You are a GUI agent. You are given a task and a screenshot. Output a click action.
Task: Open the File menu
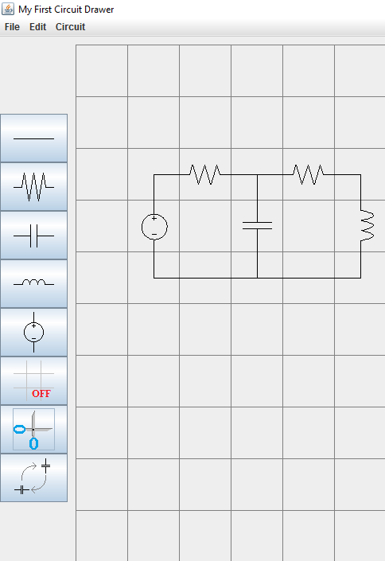click(x=12, y=27)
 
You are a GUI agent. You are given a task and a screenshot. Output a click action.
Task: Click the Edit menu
click(x=37, y=27)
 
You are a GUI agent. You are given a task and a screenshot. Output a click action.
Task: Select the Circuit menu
click(x=70, y=27)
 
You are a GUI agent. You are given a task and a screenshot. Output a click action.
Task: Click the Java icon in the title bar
click(x=8, y=9)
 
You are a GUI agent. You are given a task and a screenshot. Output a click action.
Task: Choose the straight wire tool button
click(x=33, y=138)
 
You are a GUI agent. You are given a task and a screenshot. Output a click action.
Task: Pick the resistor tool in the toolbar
click(x=33, y=187)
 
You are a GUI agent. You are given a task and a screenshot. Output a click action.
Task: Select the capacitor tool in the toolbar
click(x=33, y=236)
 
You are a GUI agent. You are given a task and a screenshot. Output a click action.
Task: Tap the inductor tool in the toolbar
click(x=33, y=284)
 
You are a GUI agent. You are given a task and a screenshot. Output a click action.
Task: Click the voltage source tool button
click(x=33, y=333)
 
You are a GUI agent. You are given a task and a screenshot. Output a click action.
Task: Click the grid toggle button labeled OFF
click(x=33, y=381)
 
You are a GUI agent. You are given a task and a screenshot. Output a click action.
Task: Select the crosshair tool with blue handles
click(x=33, y=430)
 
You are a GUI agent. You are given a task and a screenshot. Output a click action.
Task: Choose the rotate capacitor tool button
click(x=33, y=478)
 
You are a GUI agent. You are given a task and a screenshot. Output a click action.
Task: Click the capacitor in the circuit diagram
click(x=257, y=226)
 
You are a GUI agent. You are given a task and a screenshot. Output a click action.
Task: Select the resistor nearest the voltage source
click(x=205, y=174)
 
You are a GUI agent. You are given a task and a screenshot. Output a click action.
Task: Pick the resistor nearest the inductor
click(x=309, y=174)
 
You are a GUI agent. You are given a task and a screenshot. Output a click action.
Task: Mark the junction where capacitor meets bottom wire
click(x=257, y=278)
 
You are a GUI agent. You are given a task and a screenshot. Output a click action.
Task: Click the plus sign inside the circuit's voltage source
click(x=154, y=218)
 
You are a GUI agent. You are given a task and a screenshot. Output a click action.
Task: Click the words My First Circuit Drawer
click(x=66, y=10)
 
